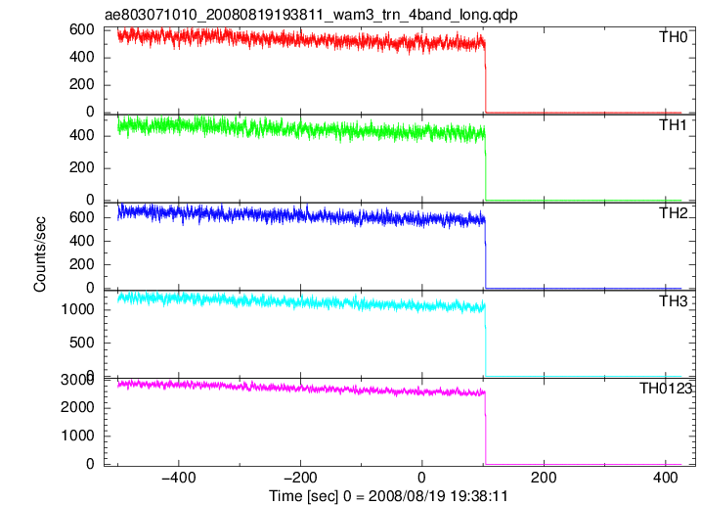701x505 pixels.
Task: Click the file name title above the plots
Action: pyautogui.click(x=311, y=15)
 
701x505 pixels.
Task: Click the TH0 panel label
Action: pyautogui.click(x=673, y=37)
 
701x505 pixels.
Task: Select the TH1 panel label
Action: pyautogui.click(x=673, y=125)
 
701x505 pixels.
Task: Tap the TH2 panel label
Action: pyautogui.click(x=673, y=213)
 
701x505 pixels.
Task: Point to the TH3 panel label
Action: pyautogui.click(x=673, y=301)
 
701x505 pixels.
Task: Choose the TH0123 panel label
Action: pyautogui.click(x=666, y=389)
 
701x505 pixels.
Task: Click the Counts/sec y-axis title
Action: pyautogui.click(x=40, y=253)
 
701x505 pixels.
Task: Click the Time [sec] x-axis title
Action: pyautogui.click(x=388, y=496)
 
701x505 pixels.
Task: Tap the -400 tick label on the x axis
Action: pyautogui.click(x=178, y=478)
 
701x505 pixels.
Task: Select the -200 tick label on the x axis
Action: pyautogui.click(x=300, y=478)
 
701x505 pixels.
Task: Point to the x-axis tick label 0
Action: pyautogui.click(x=421, y=478)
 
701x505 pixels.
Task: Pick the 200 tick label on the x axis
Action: pyautogui.click(x=544, y=478)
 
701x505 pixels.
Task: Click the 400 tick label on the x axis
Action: pyautogui.click(x=665, y=478)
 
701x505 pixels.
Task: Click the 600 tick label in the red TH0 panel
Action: pyautogui.click(x=82, y=29)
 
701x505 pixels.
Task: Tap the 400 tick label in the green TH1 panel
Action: pyautogui.click(x=82, y=135)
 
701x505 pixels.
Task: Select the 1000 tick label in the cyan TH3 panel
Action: pyautogui.click(x=78, y=309)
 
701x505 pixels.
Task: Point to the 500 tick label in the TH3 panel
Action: pyautogui.click(x=82, y=343)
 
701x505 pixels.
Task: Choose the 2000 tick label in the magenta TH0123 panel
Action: pyautogui.click(x=78, y=407)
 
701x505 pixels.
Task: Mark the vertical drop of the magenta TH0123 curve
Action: pyautogui.click(x=486, y=429)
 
